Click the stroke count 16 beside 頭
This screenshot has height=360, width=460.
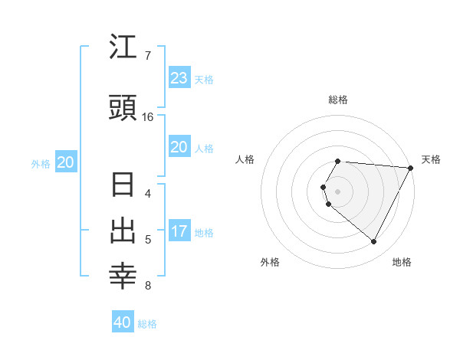point(148,117)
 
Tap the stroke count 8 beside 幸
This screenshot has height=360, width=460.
point(147,286)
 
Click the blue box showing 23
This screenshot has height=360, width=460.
point(179,78)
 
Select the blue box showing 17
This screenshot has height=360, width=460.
point(179,231)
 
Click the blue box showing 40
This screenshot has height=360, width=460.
point(123,322)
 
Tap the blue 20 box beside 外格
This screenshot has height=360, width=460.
point(66,162)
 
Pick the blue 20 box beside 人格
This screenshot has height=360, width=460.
point(179,147)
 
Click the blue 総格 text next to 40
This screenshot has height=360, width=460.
point(147,324)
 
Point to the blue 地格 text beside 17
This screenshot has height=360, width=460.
point(204,232)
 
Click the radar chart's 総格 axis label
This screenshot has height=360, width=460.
point(338,100)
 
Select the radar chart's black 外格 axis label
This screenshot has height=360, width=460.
point(270,262)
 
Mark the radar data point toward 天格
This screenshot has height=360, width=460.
point(411,168)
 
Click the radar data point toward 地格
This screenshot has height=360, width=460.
point(373,241)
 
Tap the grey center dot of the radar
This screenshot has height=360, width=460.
point(338,191)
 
